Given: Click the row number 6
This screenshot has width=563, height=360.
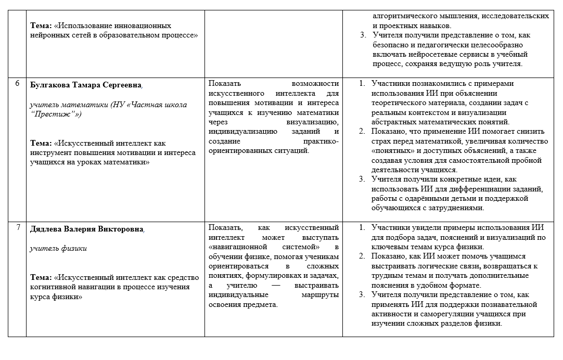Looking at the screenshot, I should pyautogui.click(x=18, y=84).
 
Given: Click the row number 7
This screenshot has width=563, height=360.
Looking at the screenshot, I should pyautogui.click(x=18, y=227).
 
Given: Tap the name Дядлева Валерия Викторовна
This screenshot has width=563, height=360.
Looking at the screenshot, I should pyautogui.click(x=86, y=228).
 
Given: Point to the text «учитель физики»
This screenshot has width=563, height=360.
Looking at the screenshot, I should pyautogui.click(x=58, y=248).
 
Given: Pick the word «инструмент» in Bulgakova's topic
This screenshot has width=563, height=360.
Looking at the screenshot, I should pyautogui.click(x=53, y=152).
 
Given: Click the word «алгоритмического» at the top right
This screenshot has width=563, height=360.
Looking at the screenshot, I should pyautogui.click(x=409, y=16).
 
